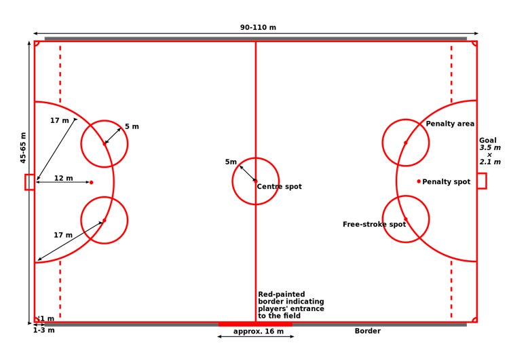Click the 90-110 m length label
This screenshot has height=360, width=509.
click(x=258, y=27)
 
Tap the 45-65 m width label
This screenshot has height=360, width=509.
click(x=23, y=147)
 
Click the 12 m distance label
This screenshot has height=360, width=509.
click(x=63, y=178)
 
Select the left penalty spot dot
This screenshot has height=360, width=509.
click(x=91, y=183)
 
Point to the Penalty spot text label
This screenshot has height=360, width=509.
click(x=447, y=181)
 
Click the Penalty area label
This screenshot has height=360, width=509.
click(x=450, y=124)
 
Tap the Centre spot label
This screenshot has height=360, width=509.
click(x=279, y=187)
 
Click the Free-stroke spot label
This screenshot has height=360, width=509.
click(x=374, y=224)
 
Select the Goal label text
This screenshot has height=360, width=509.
click(x=488, y=141)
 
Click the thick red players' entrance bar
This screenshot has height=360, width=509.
click(x=255, y=324)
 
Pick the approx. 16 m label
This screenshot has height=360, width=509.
click(x=259, y=331)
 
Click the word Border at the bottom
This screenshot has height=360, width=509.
click(x=367, y=331)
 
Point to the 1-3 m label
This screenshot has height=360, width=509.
click(x=44, y=330)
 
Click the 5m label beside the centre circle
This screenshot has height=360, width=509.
click(x=231, y=162)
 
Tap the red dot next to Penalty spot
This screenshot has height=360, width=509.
click(x=419, y=181)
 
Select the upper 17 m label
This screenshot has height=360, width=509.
click(x=60, y=120)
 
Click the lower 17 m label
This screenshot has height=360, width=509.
click(x=63, y=235)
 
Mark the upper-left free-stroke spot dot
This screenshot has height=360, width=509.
click(x=105, y=143)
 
